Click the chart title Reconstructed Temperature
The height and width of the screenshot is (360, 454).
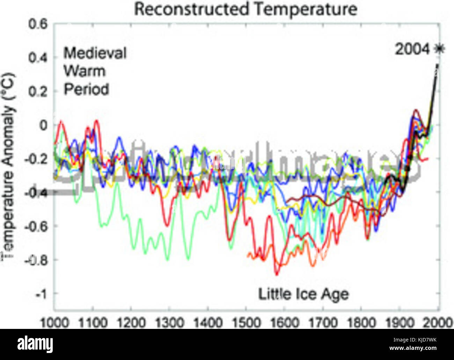click(246, 9)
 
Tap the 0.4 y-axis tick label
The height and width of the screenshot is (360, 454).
click(37, 58)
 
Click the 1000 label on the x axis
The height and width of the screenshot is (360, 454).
click(54, 322)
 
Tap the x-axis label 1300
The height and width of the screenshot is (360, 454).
click(169, 322)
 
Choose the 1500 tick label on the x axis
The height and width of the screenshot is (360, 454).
click(246, 322)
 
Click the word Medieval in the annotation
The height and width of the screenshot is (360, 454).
click(95, 53)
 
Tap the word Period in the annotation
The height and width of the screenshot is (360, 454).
click(86, 89)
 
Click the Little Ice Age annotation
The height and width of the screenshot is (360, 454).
click(303, 294)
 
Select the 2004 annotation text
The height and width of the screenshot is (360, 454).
click(412, 49)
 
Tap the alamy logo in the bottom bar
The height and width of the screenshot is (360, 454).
click(35, 344)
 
